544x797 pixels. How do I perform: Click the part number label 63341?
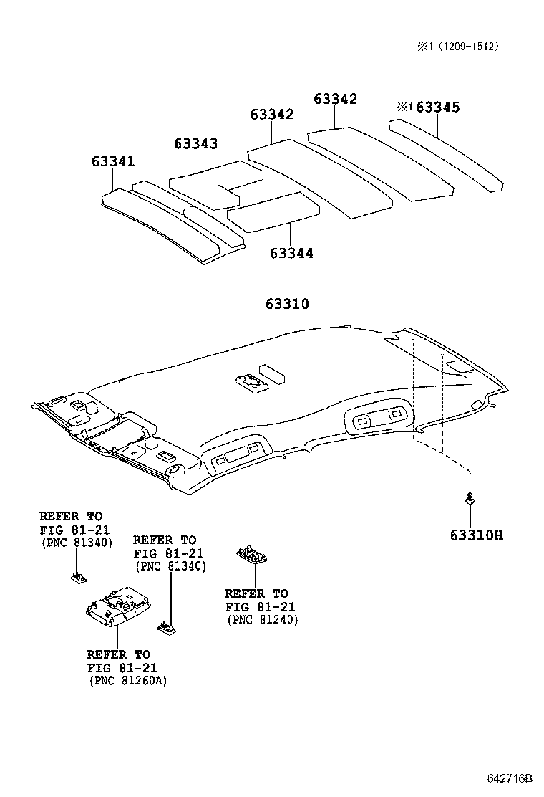(112, 161)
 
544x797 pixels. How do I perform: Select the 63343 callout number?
(195, 143)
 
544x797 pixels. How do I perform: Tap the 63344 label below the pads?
(291, 253)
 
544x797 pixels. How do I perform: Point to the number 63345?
(437, 108)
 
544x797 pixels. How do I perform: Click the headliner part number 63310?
(287, 304)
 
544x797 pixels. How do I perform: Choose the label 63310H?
(476, 535)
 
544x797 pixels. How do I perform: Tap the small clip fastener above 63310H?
(469, 499)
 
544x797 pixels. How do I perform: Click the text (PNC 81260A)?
(128, 681)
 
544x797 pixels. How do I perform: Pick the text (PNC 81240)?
(262, 619)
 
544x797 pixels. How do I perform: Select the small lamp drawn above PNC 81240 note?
(252, 556)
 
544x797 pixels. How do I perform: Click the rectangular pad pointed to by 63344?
(273, 212)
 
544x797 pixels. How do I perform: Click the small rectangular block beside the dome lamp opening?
(272, 373)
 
